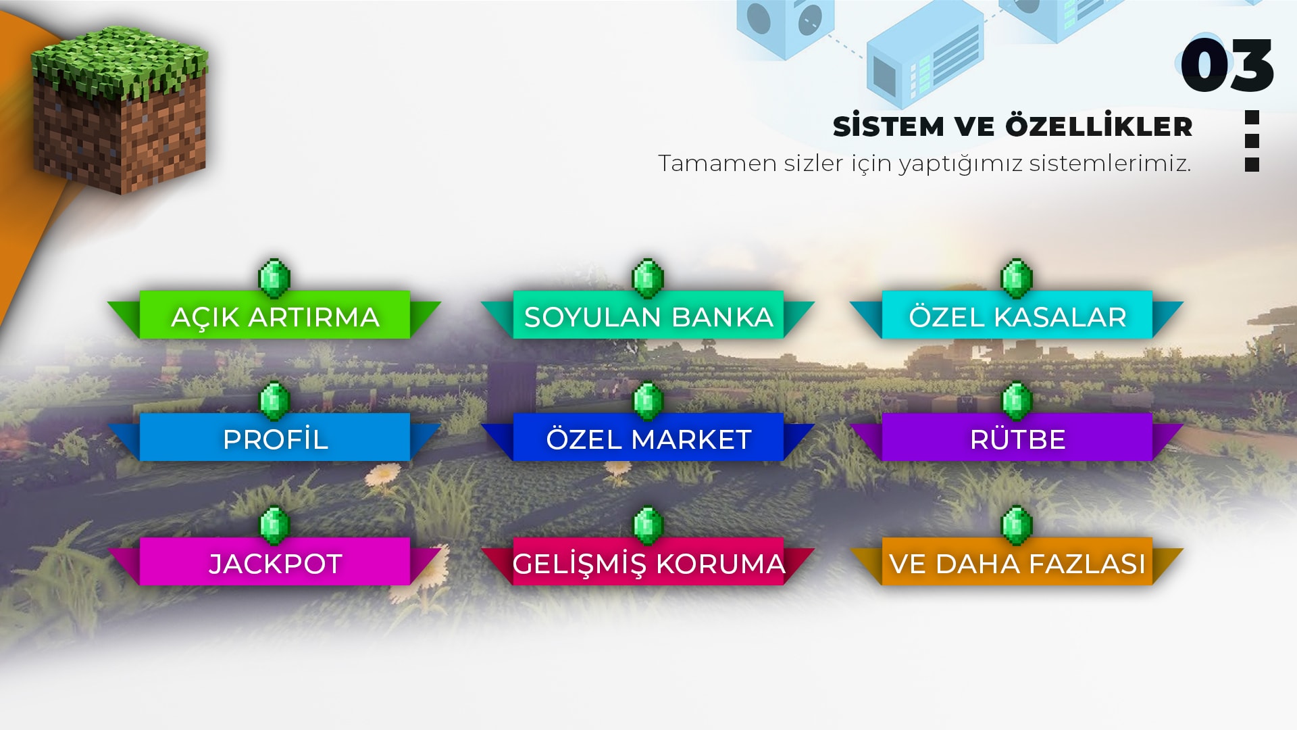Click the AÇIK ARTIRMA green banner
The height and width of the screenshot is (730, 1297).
click(x=274, y=315)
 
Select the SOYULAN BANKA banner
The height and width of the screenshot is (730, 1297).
click(x=648, y=315)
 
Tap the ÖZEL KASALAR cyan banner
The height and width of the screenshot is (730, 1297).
click(x=1017, y=315)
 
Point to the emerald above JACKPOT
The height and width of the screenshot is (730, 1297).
click(x=275, y=526)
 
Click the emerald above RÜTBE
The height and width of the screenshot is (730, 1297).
click(x=1017, y=401)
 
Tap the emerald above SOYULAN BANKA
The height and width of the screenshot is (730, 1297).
click(x=648, y=278)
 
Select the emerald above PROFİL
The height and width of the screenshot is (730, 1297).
click(x=275, y=401)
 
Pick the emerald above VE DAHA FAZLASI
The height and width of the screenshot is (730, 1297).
click(x=1017, y=526)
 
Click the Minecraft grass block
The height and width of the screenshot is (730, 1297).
click(x=120, y=110)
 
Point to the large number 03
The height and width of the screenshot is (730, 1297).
click(x=1227, y=65)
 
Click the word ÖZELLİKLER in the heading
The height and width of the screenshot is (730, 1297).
click(x=1099, y=126)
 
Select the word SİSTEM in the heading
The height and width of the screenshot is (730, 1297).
click(x=888, y=126)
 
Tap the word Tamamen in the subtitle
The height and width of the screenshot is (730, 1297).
click(x=717, y=164)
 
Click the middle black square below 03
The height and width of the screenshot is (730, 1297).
click(x=1252, y=141)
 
